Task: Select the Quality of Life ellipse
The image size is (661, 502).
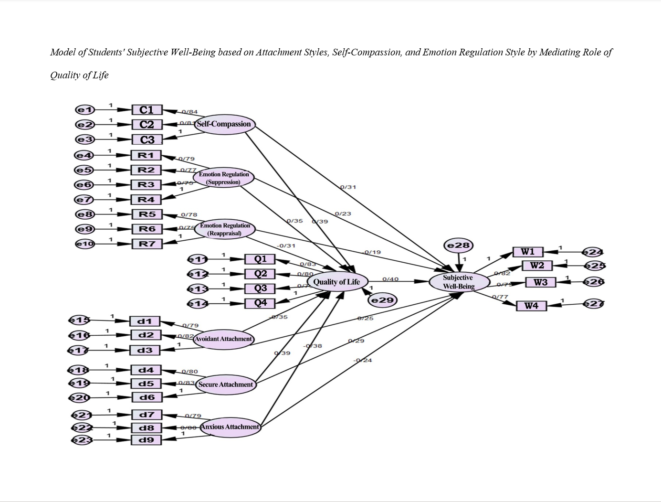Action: pyautogui.click(x=336, y=282)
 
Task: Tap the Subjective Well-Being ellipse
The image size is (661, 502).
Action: pyautogui.click(x=459, y=282)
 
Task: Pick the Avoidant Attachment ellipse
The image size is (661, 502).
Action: pyautogui.click(x=223, y=339)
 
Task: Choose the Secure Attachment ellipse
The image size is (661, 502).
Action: pyautogui.click(x=225, y=385)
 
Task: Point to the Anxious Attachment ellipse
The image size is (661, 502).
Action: pyautogui.click(x=230, y=427)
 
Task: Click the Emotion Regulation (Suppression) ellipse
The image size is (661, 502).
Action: pyautogui.click(x=223, y=178)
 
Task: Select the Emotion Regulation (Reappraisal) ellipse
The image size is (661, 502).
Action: pyautogui.click(x=224, y=229)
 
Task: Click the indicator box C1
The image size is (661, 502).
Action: pyautogui.click(x=147, y=110)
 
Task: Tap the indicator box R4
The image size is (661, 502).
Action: pyautogui.click(x=146, y=200)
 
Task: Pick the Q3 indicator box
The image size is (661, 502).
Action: pyautogui.click(x=260, y=288)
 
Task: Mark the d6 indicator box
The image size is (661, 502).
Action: pyautogui.click(x=146, y=397)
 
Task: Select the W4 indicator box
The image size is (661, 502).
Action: pyautogui.click(x=531, y=306)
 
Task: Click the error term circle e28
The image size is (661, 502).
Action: pyautogui.click(x=458, y=246)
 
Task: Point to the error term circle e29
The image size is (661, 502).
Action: pyautogui.click(x=382, y=300)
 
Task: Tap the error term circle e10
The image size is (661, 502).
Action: pyautogui.click(x=85, y=244)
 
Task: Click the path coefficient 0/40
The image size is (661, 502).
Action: pyautogui.click(x=390, y=279)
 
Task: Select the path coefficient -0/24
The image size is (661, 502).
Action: pyautogui.click(x=363, y=360)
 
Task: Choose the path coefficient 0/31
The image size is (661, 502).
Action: pyautogui.click(x=348, y=187)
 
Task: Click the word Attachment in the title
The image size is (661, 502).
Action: pyautogui.click(x=278, y=52)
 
